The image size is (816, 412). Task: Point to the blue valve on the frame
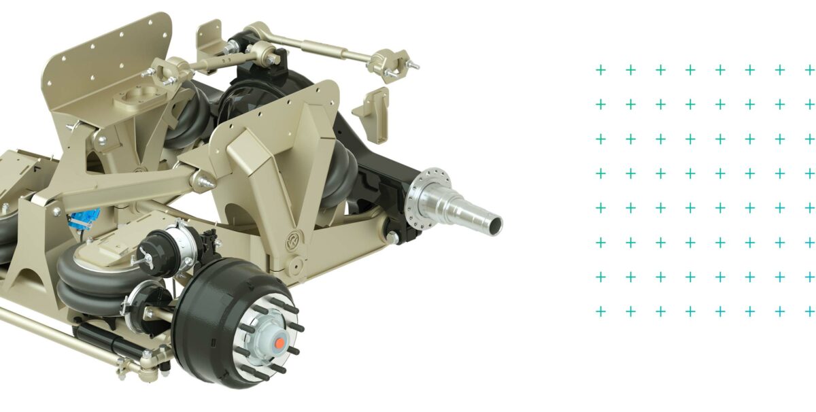[86, 216]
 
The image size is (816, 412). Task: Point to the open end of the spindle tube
[494, 222]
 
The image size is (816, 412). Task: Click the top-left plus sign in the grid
[600, 69]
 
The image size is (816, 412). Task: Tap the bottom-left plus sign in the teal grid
[600, 311]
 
